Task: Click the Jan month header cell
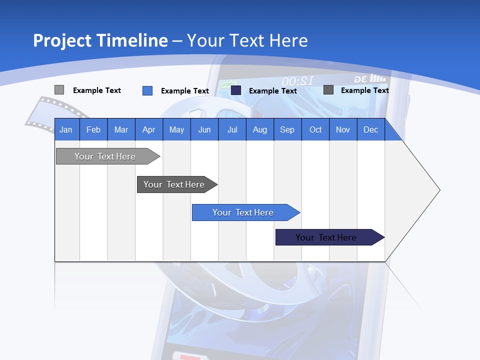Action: coord(66,129)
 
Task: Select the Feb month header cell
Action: coord(93,129)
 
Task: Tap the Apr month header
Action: coord(149,129)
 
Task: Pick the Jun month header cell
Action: coord(204,129)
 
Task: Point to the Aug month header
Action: coord(260,129)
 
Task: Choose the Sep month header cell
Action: coord(287,129)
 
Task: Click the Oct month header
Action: coord(315,129)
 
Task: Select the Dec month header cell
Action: coord(371,129)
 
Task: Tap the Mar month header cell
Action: coord(121,129)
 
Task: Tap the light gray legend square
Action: coord(59,90)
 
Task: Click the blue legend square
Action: coord(147,90)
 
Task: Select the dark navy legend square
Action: coord(236,90)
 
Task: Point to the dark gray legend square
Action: coord(328,90)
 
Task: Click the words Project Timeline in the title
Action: coord(100,40)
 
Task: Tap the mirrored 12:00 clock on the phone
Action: coord(297,81)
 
